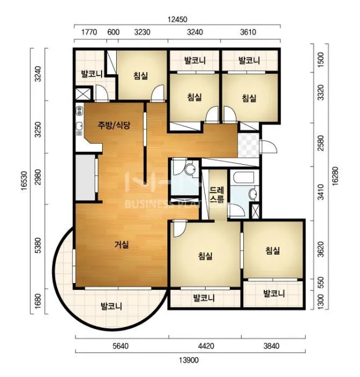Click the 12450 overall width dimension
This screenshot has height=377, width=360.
pos(177,19)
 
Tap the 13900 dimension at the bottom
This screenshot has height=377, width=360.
pos(189,360)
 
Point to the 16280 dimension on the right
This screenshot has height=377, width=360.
pos(334,176)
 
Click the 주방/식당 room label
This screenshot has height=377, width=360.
pos(114,125)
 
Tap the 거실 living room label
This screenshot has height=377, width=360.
pos(121,245)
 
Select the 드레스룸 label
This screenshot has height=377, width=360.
pos(217,194)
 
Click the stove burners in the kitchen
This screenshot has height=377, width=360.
pos(79,111)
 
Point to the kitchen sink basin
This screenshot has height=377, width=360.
pos(79,126)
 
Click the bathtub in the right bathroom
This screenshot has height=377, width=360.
pos(244,178)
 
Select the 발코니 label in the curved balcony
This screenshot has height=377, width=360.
pos(111,306)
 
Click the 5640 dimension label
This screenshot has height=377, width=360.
pos(121,346)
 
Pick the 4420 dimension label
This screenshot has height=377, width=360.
pos(206,346)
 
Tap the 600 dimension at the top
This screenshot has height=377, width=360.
pos(113,32)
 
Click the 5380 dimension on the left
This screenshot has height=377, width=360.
pos(38,245)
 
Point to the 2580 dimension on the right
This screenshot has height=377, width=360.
pos(321,143)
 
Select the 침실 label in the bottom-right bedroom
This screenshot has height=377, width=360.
pos(273,251)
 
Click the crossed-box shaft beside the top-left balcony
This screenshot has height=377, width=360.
pos(83,94)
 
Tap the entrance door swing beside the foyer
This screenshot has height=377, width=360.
pos(268,146)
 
